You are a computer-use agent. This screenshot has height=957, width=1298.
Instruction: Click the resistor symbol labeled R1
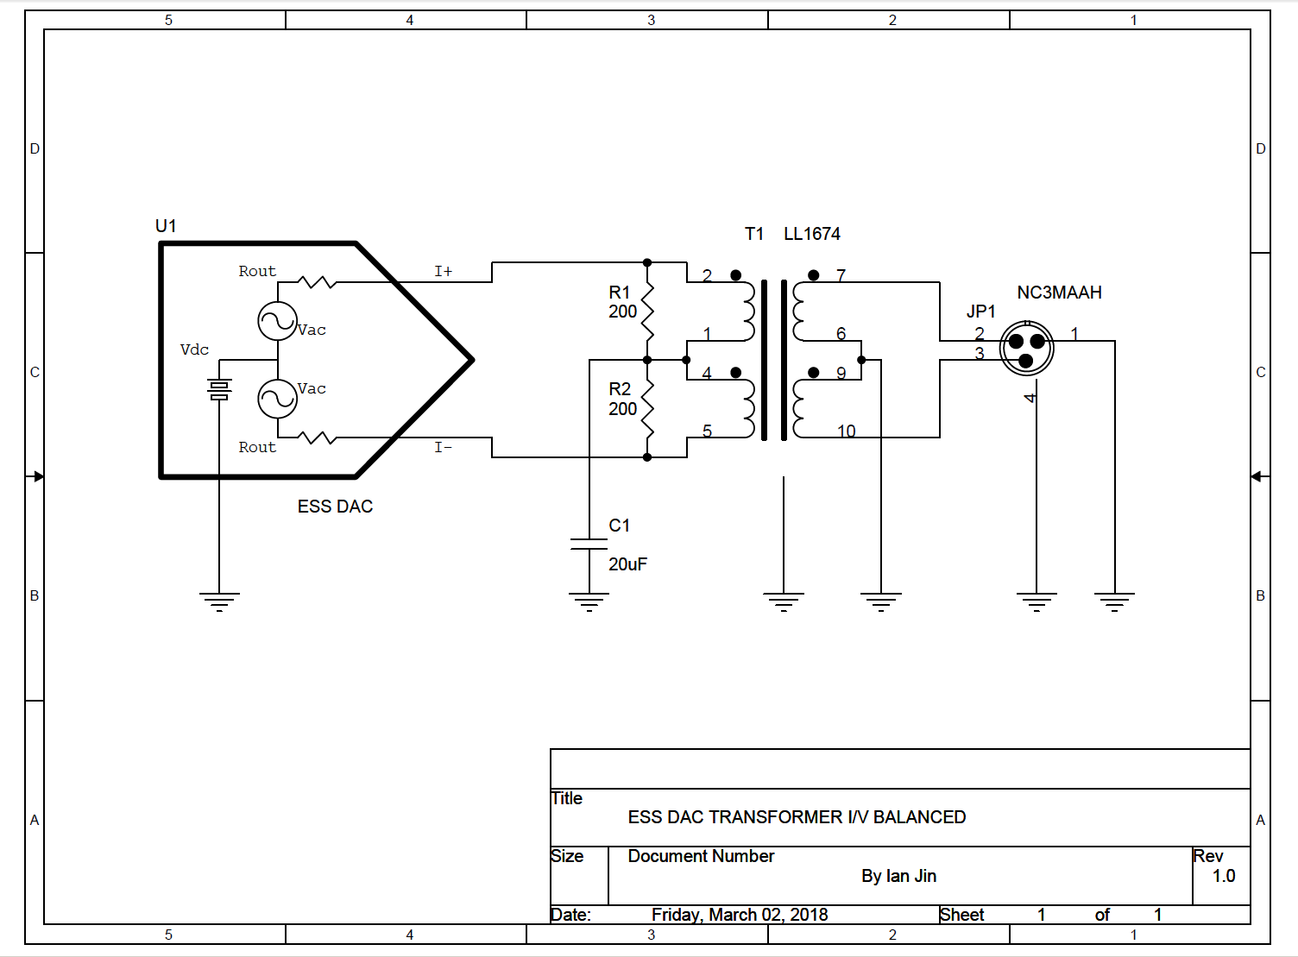tap(647, 311)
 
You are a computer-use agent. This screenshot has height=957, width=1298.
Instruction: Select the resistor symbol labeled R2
tap(647, 408)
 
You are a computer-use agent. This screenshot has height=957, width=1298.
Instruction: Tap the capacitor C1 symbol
tap(589, 544)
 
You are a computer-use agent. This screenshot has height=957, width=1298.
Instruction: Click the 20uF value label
tap(627, 564)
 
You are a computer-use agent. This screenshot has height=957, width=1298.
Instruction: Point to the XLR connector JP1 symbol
tap(1026, 348)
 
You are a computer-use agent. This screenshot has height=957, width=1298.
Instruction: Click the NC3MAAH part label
tap(1059, 293)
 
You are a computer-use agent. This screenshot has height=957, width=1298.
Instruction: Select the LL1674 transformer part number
tap(811, 234)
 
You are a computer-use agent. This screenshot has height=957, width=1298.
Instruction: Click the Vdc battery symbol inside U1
tap(219, 390)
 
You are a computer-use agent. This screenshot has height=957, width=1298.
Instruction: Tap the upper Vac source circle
tap(278, 321)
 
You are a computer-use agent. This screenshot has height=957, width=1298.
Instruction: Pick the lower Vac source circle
tap(278, 399)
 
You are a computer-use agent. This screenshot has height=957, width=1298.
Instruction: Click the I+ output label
tap(443, 271)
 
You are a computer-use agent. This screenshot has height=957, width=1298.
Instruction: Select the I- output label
tap(443, 447)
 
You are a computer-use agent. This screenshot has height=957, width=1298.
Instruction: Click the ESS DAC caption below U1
tap(335, 507)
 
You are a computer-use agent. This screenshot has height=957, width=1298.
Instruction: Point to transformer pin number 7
tap(841, 275)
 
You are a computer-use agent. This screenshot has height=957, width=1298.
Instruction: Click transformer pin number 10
tap(846, 431)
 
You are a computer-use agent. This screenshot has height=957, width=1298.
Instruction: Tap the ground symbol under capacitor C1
tap(589, 602)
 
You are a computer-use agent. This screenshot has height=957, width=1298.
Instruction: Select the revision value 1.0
tap(1223, 876)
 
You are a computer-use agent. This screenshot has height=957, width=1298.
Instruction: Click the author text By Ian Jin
tap(898, 876)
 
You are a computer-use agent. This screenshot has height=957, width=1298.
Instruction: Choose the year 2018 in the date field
tap(809, 915)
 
